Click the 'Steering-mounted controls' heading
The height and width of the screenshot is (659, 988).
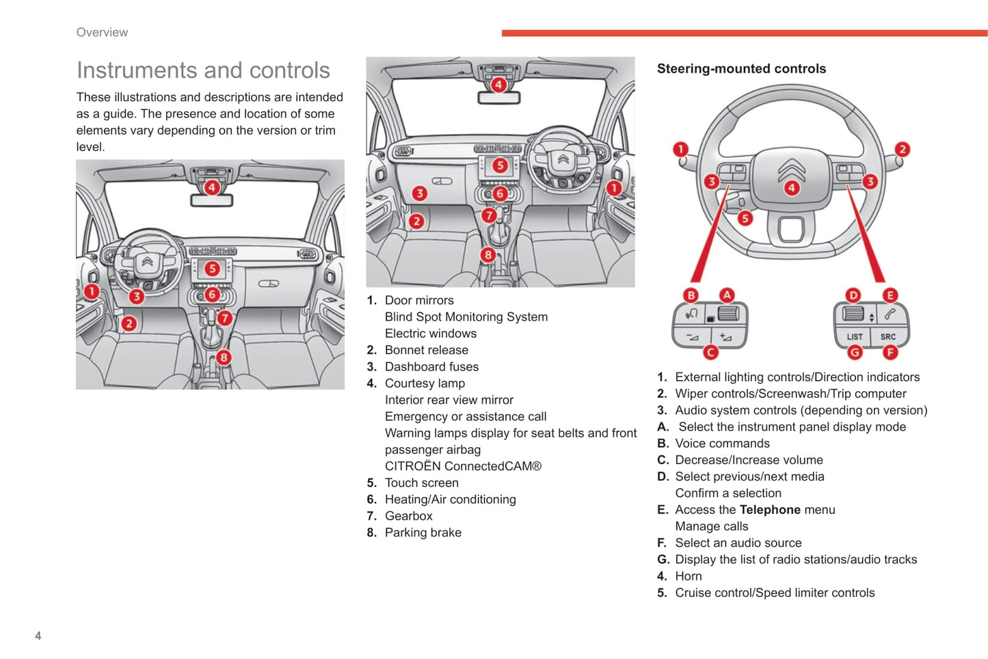(x=741, y=68)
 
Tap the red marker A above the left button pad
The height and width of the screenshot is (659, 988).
(x=727, y=295)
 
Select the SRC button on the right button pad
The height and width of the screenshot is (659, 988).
(x=887, y=336)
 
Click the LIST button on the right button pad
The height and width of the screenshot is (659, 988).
(x=855, y=336)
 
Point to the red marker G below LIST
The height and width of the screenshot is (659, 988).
(x=855, y=353)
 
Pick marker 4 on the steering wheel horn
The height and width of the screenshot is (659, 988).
(x=791, y=187)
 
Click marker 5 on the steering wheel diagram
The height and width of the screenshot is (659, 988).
(x=745, y=218)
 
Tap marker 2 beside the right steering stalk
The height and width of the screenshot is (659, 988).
(x=903, y=149)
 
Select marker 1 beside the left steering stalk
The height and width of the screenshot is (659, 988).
(x=680, y=149)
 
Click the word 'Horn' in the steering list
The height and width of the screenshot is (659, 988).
(x=689, y=576)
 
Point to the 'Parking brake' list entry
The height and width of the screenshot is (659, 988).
(x=423, y=533)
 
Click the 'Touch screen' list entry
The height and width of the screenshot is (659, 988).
(x=421, y=483)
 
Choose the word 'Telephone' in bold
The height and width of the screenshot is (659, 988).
(x=770, y=510)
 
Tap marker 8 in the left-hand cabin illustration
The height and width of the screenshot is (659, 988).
(x=224, y=358)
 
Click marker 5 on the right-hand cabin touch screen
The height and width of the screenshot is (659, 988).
(x=500, y=165)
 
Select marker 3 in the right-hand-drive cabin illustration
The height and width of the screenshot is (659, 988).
(x=420, y=193)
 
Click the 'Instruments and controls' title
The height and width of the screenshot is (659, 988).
(x=203, y=70)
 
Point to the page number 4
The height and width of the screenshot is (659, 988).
(x=38, y=636)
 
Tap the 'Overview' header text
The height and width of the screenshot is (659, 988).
(x=102, y=32)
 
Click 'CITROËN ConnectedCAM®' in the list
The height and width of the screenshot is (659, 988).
(x=463, y=466)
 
